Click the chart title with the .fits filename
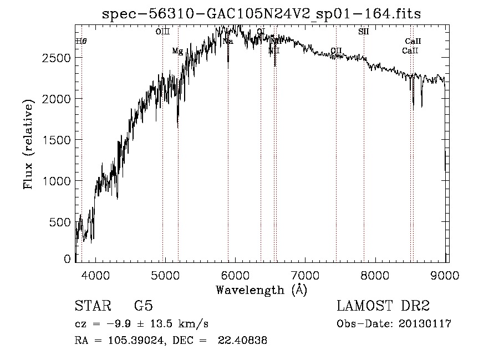[261, 14]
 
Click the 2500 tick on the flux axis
[76, 58]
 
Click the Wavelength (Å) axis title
[261, 290]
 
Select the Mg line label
[177, 52]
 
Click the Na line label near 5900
[227, 42]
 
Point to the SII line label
[363, 32]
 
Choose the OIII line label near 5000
[162, 32]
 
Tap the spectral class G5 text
[143, 307]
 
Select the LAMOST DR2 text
[383, 307]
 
